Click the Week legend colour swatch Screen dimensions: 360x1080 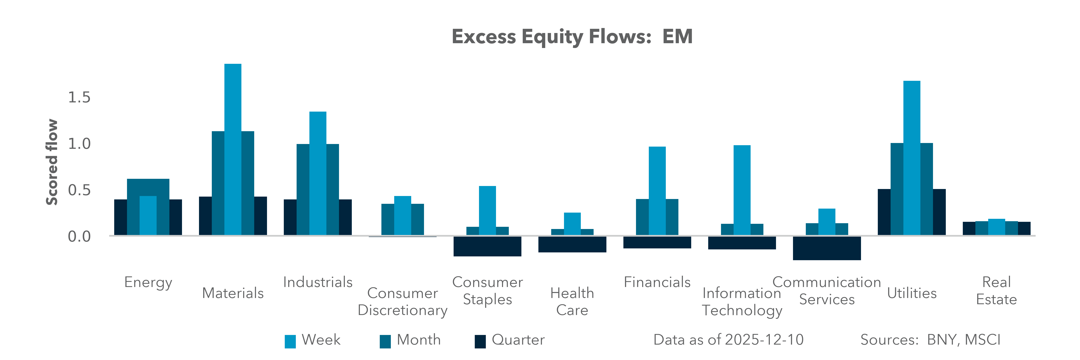pyautogui.click(x=290, y=341)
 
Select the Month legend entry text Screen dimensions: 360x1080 pyautogui.click(x=418, y=339)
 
